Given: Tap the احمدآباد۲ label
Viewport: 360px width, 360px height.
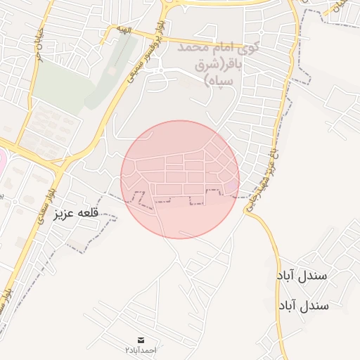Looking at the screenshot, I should click(141, 349).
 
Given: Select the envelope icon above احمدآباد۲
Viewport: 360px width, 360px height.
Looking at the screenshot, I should click(141, 340).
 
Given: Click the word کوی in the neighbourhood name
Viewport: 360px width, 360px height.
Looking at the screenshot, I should click(249, 49).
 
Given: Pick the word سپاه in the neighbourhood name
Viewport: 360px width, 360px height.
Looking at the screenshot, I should click(219, 81).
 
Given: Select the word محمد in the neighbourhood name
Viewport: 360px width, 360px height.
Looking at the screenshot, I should click(193, 49).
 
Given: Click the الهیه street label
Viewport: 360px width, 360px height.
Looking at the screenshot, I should click(124, 30).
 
